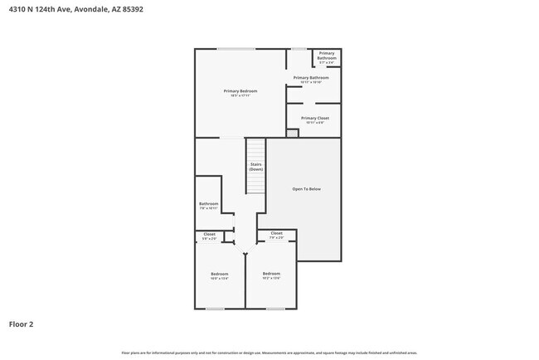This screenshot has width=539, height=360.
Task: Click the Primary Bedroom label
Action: click(x=240, y=90)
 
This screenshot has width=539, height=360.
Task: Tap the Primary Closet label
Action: click(x=315, y=118)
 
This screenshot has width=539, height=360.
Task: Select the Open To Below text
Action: click(x=306, y=189)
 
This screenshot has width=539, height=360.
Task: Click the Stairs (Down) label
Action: click(x=256, y=167)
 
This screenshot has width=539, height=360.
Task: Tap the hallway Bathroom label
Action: click(x=208, y=204)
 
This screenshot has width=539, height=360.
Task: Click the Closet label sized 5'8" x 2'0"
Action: click(x=210, y=235)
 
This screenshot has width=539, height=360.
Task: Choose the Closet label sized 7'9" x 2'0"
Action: click(x=276, y=234)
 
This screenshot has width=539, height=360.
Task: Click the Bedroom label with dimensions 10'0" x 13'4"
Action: click(x=219, y=275)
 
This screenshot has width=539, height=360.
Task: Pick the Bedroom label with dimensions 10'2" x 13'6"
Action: click(x=272, y=275)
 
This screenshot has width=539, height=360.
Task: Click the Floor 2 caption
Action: click(x=22, y=324)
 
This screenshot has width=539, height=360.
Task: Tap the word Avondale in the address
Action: click(x=92, y=10)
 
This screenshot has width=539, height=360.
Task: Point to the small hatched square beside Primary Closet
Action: click(x=292, y=133)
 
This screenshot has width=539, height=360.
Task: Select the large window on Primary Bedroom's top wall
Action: click(x=236, y=49)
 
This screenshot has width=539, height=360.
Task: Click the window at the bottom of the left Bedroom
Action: click(x=216, y=309)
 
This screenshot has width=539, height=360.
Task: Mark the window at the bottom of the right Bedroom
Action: click(x=276, y=309)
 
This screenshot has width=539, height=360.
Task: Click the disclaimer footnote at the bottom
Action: click(x=269, y=352)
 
